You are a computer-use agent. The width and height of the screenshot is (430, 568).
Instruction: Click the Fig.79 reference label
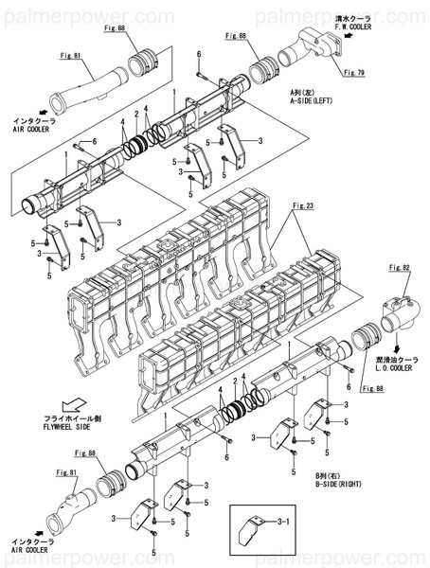353,72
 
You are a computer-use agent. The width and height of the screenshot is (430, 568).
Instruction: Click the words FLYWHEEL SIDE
77,426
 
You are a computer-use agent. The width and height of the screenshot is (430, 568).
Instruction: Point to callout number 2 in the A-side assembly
136,114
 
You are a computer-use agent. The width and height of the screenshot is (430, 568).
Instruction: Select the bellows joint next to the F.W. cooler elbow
265,70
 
